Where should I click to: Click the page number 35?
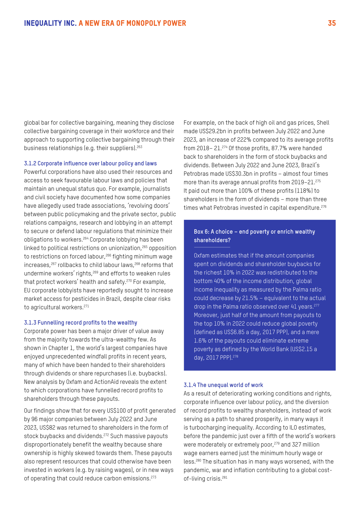tap(332, 23)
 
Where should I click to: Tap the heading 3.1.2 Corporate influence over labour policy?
tap(90, 164)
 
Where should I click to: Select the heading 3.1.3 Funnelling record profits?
tap(80, 323)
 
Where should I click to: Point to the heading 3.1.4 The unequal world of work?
tap(223, 385)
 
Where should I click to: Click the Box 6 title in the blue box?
tap(254, 236)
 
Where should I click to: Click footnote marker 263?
tap(139, 147)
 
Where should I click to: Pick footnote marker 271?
tap(86, 306)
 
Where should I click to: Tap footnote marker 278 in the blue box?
tap(235, 356)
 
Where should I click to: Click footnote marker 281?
tap(225, 478)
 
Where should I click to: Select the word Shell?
tap(323, 123)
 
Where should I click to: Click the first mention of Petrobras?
tap(197, 174)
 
